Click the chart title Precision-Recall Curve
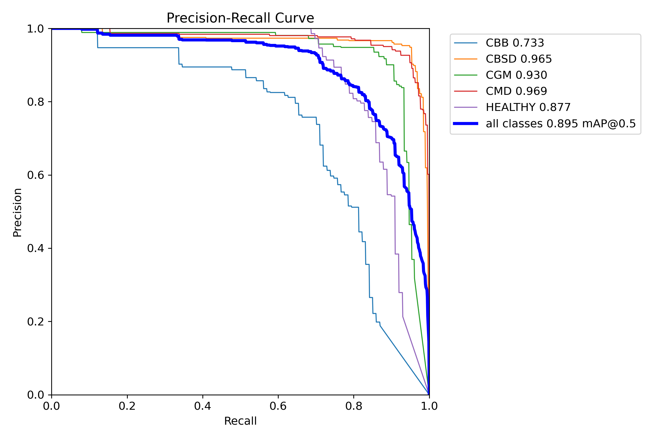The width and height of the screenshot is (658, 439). (240, 18)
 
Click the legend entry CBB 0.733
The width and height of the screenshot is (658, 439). (515, 43)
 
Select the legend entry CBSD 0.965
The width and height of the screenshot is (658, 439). (519, 59)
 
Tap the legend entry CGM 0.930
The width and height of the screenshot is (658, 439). (516, 75)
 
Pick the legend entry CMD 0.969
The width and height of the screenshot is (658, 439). (516, 91)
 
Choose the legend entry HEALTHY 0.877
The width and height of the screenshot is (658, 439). (528, 107)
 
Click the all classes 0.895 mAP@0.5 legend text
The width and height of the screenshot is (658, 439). (561, 124)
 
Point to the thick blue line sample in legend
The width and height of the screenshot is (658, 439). (466, 124)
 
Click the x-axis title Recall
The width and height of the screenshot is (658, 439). (240, 421)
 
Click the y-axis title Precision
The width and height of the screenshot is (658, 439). (18, 212)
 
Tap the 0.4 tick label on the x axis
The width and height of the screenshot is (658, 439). (202, 406)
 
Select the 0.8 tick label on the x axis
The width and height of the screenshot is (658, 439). (354, 406)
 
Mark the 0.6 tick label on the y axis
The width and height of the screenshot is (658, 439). (35, 175)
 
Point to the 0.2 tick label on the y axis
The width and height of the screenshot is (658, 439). (35, 322)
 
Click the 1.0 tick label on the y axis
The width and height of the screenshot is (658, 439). (35, 29)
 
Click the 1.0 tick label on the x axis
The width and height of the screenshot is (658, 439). (429, 406)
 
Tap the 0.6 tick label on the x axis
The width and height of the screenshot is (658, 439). (278, 406)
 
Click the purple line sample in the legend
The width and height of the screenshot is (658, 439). (466, 107)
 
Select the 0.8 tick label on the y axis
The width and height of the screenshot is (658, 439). (35, 102)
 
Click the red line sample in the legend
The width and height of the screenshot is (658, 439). (466, 91)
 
